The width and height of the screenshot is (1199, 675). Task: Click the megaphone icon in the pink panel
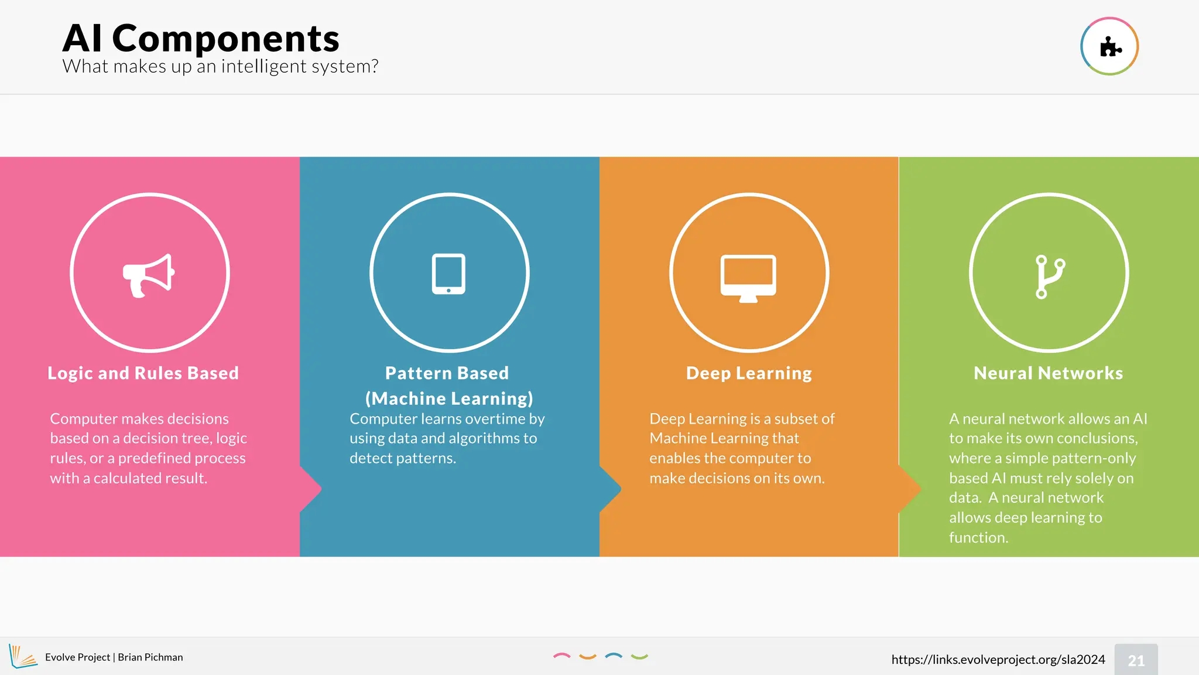point(149,275)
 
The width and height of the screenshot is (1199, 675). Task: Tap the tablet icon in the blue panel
point(448,274)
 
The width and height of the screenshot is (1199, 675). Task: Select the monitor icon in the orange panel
point(748,278)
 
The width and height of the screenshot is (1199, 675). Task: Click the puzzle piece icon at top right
point(1109,47)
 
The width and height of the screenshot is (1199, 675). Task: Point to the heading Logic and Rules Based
point(143,373)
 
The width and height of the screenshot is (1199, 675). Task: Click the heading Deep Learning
point(749,373)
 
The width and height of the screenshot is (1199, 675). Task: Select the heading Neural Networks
point(1048,373)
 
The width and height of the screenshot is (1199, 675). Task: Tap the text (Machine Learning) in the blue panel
point(449,398)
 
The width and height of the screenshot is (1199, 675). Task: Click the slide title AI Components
point(201,39)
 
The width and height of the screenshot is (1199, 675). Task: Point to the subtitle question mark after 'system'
point(374,66)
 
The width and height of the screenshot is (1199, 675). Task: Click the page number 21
point(1136,660)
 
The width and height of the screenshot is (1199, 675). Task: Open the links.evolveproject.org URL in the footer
point(998,660)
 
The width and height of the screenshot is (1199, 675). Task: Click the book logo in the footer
point(22,656)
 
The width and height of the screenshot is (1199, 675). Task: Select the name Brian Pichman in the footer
point(150,657)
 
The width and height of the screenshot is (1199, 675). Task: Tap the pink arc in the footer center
point(561,656)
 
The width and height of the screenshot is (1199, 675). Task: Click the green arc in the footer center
point(639,657)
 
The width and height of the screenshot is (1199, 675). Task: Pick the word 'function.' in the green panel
point(978,537)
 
